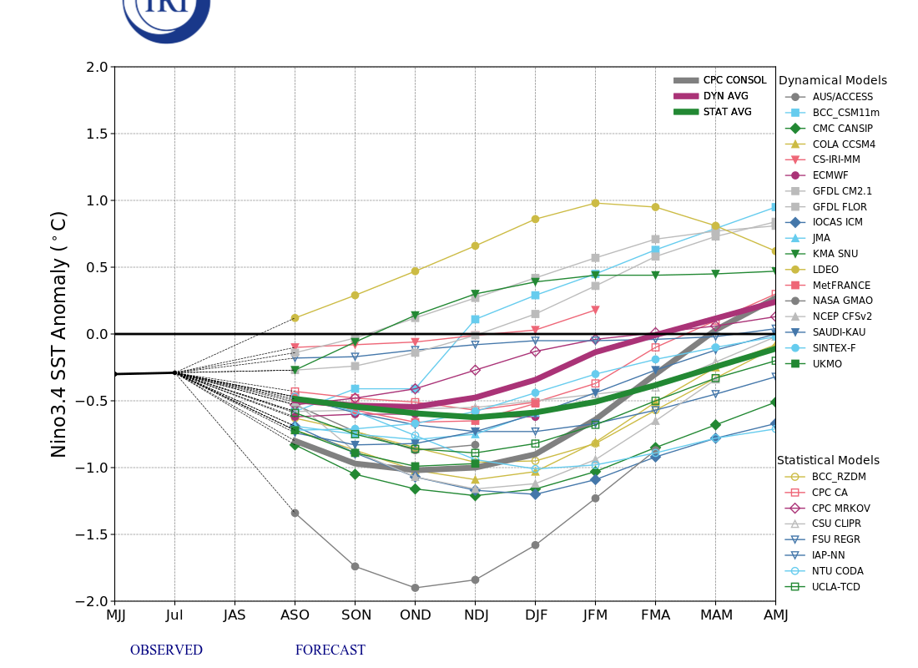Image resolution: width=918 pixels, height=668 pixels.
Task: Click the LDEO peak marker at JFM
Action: point(595,203)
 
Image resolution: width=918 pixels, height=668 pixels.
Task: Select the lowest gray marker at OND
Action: point(415,588)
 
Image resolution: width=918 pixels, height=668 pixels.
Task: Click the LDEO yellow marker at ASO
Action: point(295,317)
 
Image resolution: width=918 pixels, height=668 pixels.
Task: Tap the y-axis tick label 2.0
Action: point(96,67)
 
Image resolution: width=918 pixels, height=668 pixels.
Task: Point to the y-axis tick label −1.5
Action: point(92,534)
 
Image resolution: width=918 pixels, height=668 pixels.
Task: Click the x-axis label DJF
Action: point(535,615)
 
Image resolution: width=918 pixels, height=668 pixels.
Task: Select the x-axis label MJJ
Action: point(115,615)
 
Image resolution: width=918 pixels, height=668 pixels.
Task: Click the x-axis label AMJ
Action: point(774,615)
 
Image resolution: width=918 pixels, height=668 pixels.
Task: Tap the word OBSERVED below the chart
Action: point(166,650)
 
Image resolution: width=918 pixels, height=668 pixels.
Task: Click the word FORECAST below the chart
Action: point(330,650)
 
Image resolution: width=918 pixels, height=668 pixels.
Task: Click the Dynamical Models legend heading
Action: point(832,81)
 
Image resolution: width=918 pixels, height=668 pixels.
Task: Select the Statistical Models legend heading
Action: point(828,461)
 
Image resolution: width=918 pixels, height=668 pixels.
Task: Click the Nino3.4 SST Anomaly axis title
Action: point(59,334)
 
